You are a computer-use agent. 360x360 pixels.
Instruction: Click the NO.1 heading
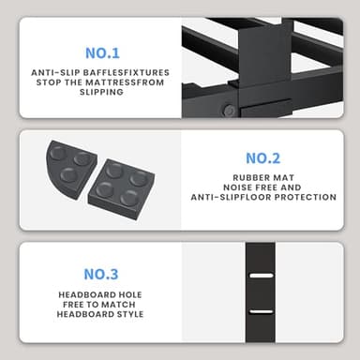(x=100, y=52)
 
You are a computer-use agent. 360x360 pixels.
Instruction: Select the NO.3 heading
(x=100, y=274)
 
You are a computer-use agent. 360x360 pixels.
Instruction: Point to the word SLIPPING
(x=101, y=92)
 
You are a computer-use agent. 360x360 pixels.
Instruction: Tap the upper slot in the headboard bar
(x=262, y=277)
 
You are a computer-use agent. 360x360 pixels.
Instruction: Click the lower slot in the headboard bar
(x=262, y=311)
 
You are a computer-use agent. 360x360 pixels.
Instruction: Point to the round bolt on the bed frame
(x=230, y=110)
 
